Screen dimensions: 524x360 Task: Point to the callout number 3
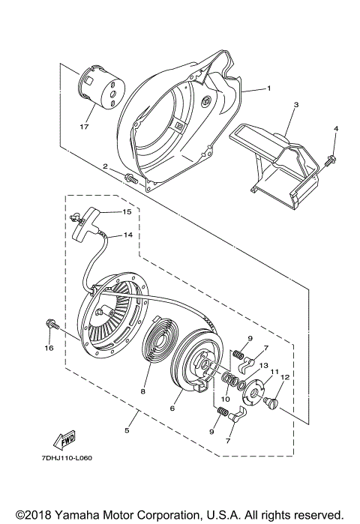coord(295,105)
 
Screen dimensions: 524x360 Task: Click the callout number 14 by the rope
coord(127,235)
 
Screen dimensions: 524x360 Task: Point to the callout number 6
coord(172,408)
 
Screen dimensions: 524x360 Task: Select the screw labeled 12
coord(272,404)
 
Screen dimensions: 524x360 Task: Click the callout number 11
coord(274,371)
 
